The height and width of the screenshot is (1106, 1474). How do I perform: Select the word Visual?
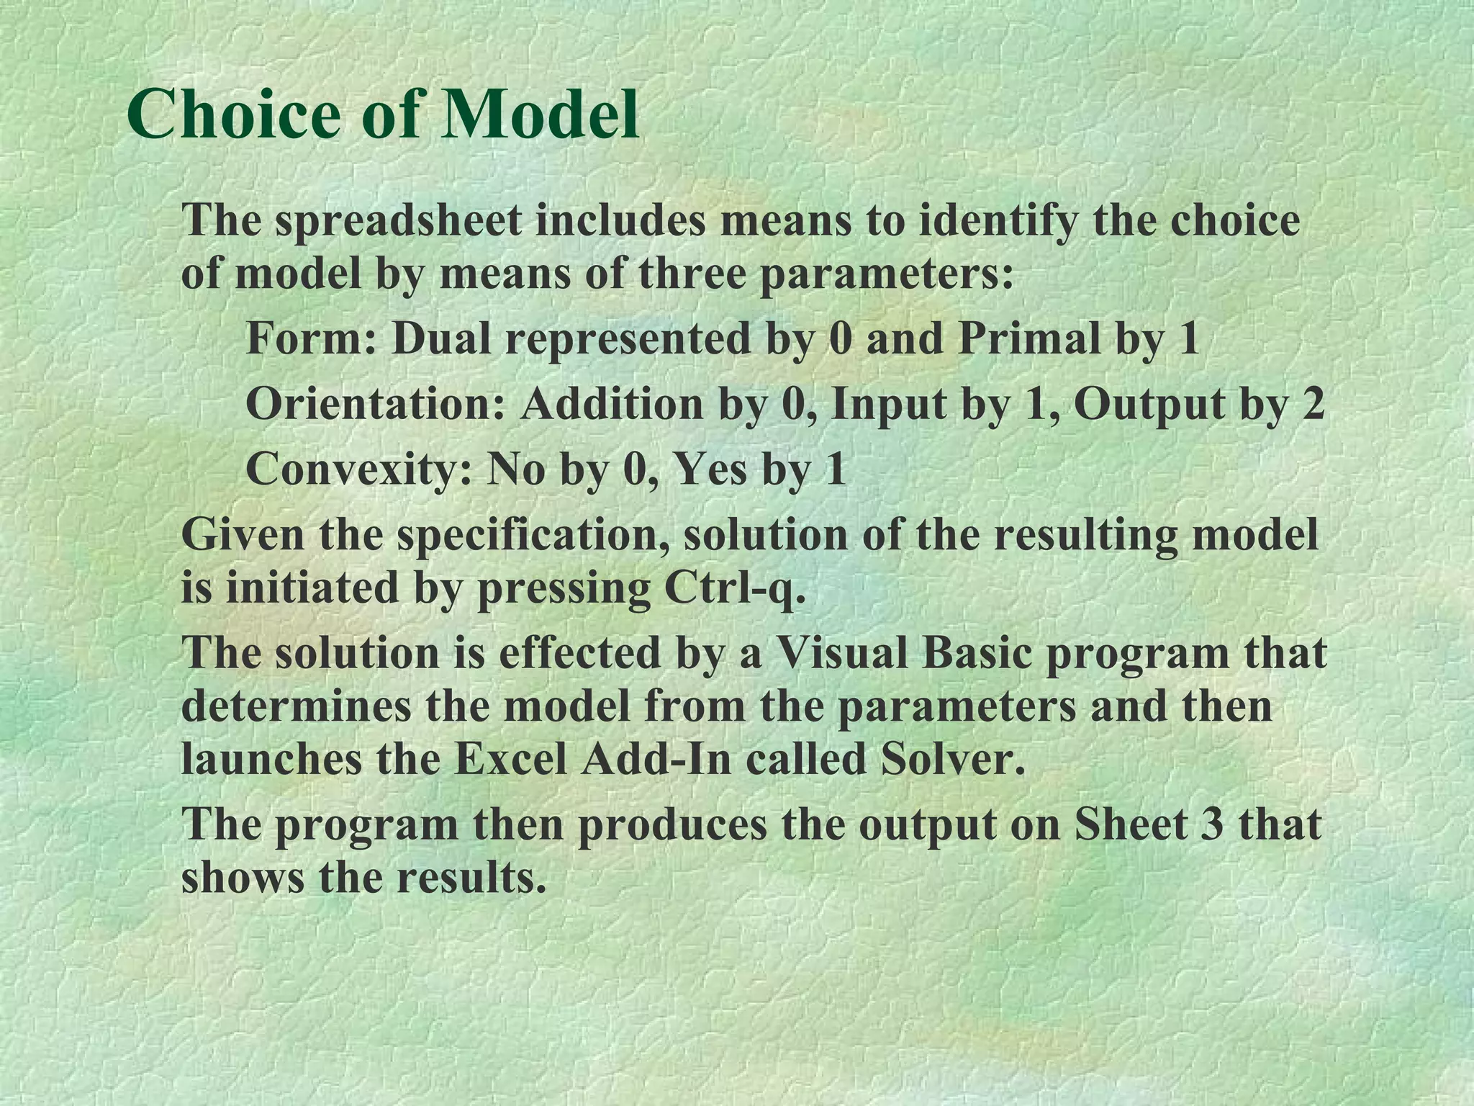pyautogui.click(x=835, y=654)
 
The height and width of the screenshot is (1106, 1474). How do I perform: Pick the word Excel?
pyautogui.click(x=511, y=760)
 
